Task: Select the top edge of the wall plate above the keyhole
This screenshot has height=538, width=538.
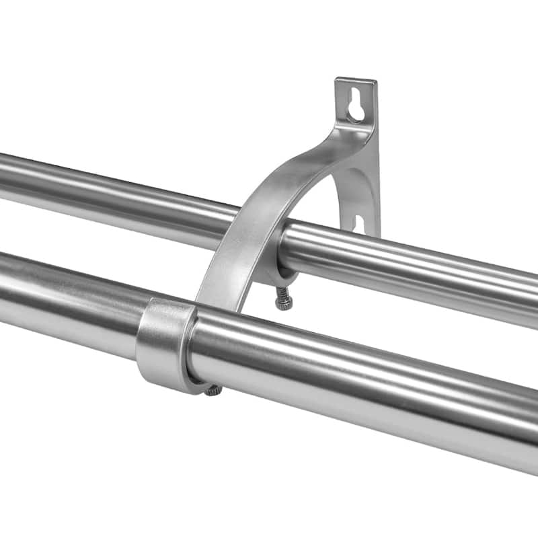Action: (355, 81)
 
